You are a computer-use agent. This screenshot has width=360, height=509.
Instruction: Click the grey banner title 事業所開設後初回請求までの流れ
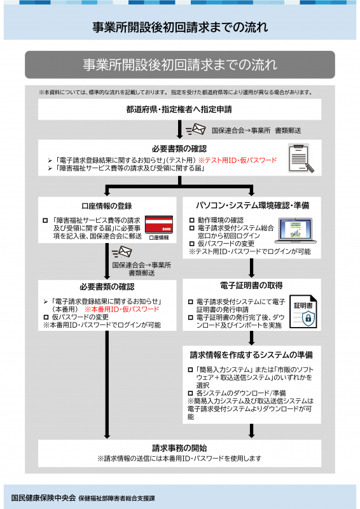180,65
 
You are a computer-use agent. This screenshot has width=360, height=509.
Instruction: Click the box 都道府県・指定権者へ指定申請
179,109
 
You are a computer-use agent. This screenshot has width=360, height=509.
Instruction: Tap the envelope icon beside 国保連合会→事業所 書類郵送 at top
196,130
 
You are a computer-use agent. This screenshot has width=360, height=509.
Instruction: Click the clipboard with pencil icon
301,158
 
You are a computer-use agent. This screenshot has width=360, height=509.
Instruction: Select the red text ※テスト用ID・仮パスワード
237,160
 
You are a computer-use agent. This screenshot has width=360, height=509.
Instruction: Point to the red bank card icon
159,225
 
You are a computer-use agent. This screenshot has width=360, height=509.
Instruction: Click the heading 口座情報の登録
107,206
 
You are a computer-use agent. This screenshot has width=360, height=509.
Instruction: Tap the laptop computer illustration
296,230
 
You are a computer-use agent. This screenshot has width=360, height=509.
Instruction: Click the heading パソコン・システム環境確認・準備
253,206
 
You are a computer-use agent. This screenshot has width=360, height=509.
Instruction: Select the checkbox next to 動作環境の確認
192,220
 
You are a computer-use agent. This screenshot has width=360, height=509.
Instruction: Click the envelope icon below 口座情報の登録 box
121,251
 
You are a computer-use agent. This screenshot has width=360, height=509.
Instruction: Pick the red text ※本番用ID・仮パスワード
121,309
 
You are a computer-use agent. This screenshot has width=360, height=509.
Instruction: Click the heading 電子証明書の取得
251,285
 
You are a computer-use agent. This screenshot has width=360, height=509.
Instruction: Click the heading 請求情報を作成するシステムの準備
252,355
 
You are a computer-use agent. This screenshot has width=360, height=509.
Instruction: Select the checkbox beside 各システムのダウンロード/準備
191,393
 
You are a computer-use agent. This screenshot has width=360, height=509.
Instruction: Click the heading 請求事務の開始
179,448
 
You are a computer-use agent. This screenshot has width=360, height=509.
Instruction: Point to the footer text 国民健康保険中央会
43,498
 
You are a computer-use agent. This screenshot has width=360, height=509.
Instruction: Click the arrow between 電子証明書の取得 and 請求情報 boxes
252,338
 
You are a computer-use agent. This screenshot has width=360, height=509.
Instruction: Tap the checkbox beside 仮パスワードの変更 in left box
46,317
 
